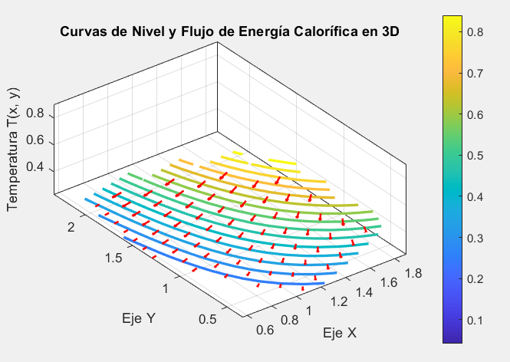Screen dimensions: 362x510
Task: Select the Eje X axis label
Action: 340,333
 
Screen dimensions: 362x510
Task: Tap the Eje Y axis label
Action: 139,318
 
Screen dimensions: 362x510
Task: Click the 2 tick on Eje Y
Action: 71,227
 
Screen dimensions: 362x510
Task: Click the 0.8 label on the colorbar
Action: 475,32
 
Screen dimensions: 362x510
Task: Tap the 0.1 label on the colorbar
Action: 475,320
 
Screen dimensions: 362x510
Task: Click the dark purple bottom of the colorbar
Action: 452,338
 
